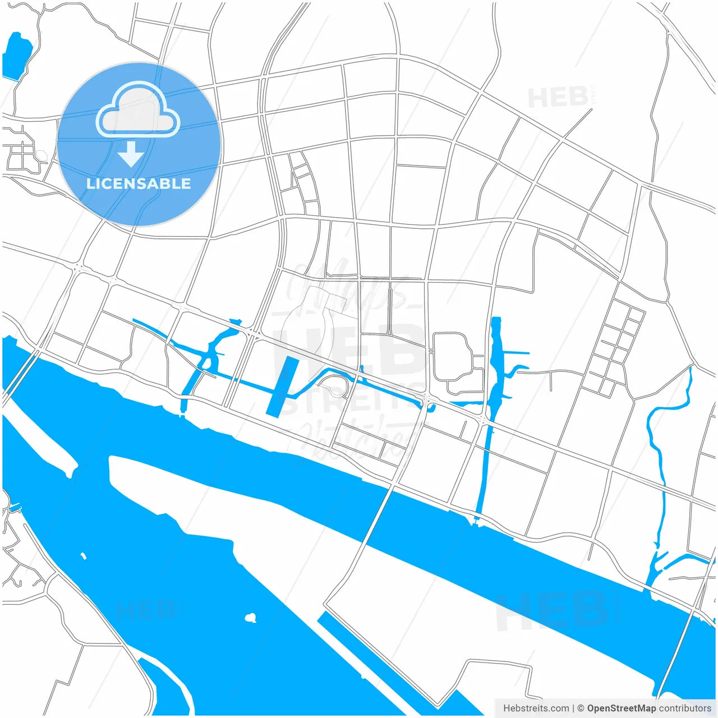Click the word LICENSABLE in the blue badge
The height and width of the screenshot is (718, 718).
coord(139,183)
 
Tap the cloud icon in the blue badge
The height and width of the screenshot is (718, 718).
coord(138,110)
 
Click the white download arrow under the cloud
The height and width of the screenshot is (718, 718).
coord(131,154)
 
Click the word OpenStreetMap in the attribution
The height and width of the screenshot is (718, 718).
coord(621,708)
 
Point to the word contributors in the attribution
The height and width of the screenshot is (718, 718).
coord(685,708)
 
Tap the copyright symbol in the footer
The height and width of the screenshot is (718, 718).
coord(581,708)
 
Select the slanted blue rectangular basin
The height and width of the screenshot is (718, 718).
coord(283,386)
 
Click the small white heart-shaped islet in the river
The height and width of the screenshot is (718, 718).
coord(251,618)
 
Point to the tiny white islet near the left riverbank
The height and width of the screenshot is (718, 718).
coord(84,556)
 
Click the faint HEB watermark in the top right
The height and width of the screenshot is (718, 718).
coord(558,98)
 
